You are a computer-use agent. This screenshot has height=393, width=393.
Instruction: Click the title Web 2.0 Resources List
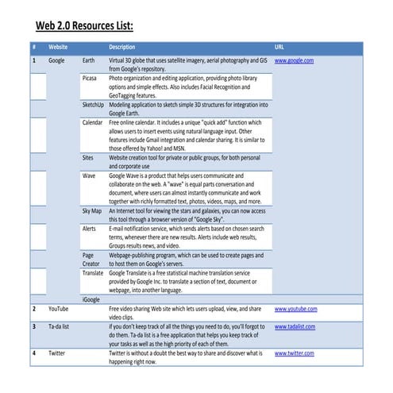tap(86, 25)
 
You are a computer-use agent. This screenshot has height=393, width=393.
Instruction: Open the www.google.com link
tap(294, 60)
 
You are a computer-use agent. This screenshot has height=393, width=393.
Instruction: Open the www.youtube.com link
tap(295, 308)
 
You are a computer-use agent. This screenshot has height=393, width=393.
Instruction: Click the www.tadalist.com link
tap(295, 326)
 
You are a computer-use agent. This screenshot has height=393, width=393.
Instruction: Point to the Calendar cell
tap(93, 122)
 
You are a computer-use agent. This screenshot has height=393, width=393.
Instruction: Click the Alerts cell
tap(90, 229)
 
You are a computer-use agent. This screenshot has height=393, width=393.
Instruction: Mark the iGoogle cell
tap(91, 299)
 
